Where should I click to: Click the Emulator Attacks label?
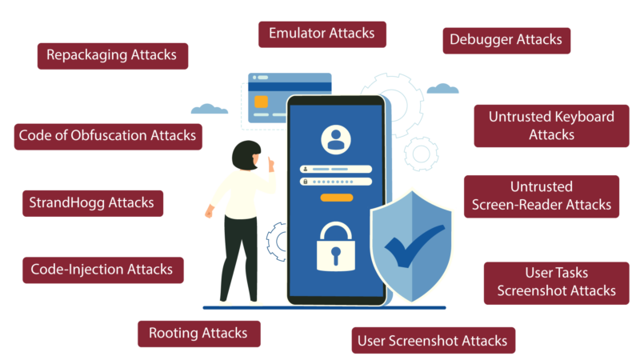(322, 34)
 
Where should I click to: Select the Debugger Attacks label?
(506, 41)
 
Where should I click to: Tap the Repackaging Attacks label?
(113, 56)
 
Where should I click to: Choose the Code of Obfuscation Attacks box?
(108, 137)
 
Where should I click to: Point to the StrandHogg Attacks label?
(93, 203)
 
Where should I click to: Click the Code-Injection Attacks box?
(103, 270)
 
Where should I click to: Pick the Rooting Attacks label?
(198, 334)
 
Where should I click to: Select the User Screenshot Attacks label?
(434, 340)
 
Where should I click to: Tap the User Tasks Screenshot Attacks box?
(556, 283)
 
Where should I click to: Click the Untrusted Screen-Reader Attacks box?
(542, 197)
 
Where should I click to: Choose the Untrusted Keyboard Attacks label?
(551, 126)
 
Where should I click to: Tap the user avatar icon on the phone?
(336, 139)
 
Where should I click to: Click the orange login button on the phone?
(336, 198)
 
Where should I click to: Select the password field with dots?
(336, 182)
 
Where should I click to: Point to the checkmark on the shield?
(413, 247)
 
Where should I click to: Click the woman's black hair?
(246, 155)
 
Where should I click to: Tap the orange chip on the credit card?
(262, 102)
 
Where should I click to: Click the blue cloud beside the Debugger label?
(443, 89)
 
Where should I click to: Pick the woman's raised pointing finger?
(270, 161)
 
